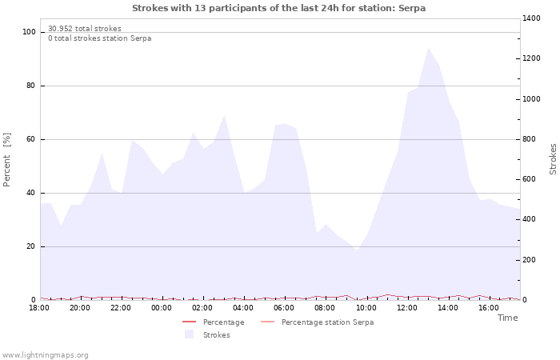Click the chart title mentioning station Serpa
[278, 8]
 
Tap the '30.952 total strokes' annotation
[85, 28]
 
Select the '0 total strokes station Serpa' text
[99, 38]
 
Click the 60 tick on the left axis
[31, 139]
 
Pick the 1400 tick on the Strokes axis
[532, 18]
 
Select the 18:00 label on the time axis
[39, 307]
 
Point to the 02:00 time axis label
[202, 307]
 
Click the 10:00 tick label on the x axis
[366, 307]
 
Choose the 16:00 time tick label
[489, 307]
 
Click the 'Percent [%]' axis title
[8, 160]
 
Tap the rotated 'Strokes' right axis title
[553, 158]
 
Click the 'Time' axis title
[507, 318]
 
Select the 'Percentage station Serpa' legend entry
[327, 322]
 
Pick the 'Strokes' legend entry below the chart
[216, 335]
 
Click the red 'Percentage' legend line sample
[189, 322]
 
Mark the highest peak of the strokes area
[428, 48]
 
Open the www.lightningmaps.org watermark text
[46, 354]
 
